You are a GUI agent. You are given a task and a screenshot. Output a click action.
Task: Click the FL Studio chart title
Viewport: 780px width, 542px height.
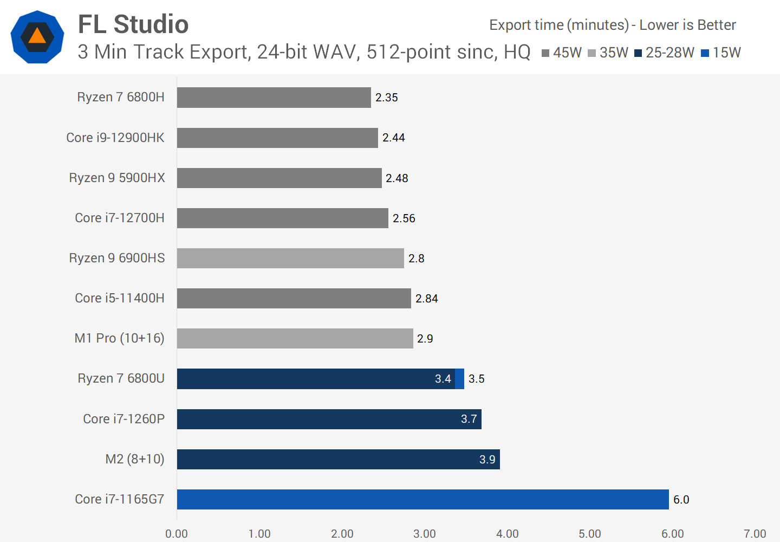(133, 24)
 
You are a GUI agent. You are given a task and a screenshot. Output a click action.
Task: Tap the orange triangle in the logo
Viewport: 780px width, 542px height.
(37, 36)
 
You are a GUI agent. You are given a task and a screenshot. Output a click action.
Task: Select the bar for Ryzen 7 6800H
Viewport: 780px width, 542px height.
(274, 98)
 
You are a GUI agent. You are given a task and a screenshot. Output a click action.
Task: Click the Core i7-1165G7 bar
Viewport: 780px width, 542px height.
(422, 499)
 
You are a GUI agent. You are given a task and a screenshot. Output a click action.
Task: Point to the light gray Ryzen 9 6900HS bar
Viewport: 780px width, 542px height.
(290, 258)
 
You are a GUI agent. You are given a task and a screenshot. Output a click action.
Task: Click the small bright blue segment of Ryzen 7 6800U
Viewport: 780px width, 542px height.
(460, 379)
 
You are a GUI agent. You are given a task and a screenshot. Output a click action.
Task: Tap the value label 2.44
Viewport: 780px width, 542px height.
(394, 138)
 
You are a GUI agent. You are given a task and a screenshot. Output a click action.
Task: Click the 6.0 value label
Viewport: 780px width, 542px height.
(681, 500)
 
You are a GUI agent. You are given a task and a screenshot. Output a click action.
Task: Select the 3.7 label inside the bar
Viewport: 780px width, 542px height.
(469, 419)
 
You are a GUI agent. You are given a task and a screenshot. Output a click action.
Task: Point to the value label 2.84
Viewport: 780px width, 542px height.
(427, 299)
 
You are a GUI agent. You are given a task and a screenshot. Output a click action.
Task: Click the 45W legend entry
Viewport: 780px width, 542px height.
(562, 53)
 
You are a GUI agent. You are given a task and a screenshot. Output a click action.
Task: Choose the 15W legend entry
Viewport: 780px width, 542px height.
(721, 53)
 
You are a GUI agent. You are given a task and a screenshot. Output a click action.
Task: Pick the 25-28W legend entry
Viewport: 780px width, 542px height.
(665, 53)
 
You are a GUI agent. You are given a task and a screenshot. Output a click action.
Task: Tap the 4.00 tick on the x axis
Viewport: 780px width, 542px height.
(507, 534)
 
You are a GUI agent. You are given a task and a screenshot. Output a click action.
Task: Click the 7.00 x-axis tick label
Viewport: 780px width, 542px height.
(755, 534)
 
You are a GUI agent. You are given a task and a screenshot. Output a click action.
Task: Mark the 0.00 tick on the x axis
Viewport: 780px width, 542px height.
(177, 534)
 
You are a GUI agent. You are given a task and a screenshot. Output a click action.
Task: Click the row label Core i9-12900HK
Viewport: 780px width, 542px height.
(115, 138)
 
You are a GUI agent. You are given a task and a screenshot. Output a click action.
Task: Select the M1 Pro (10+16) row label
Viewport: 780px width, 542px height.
(119, 338)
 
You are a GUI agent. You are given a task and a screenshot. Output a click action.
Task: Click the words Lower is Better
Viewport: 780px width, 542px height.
(687, 25)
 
